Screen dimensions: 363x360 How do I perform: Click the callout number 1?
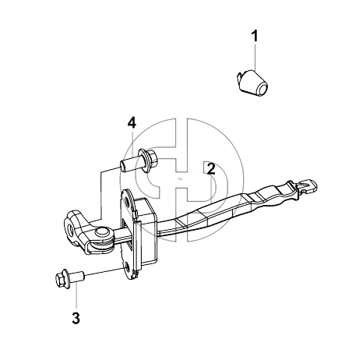click(x=256, y=36)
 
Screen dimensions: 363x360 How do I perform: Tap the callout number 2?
click(x=211, y=168)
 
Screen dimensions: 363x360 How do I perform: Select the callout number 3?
click(x=76, y=318)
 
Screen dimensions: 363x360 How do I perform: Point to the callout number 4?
click(x=132, y=122)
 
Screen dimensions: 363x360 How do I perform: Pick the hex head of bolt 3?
click(x=62, y=279)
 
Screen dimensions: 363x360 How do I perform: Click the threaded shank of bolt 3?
click(x=77, y=277)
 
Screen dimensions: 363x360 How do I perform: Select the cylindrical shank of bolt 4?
click(x=130, y=164)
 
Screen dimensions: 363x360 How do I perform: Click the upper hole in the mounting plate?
click(x=128, y=202)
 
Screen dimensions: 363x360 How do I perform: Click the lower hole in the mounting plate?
click(x=126, y=268)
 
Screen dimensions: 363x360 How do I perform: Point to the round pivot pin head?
click(x=102, y=232)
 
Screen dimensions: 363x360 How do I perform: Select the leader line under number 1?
click(x=256, y=58)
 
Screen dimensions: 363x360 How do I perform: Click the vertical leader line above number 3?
click(x=76, y=297)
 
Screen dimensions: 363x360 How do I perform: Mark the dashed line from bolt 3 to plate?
click(x=104, y=272)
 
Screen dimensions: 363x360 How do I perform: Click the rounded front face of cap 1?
click(x=262, y=88)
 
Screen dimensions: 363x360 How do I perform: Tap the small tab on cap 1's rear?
click(x=240, y=77)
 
